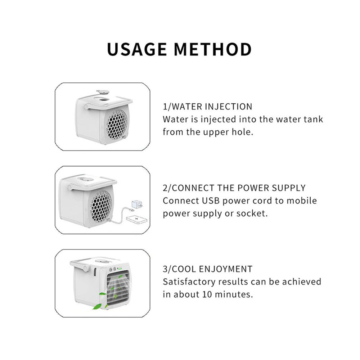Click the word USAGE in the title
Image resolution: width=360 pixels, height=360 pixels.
coord(137,49)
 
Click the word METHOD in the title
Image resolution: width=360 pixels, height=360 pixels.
coord(213,49)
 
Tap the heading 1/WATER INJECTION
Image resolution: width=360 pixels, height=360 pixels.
coord(208,107)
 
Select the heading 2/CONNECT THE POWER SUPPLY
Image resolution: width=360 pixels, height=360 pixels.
coord(234,188)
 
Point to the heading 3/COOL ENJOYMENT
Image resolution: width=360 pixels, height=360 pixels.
coord(208,269)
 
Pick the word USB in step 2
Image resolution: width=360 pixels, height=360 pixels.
coord(211,201)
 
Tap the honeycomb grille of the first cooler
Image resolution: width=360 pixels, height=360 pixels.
coord(117,124)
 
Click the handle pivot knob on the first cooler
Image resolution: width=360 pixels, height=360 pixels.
coord(86,107)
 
